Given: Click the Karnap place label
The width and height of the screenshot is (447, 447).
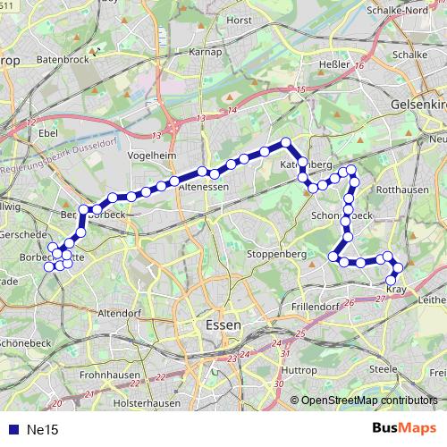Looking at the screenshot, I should [x=205, y=52].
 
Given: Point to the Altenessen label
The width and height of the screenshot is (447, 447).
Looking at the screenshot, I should [x=206, y=188].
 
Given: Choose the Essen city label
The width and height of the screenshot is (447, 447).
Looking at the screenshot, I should [x=222, y=325].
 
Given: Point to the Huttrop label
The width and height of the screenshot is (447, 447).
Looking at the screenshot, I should [x=299, y=370].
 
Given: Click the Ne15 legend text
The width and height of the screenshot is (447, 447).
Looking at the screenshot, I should [x=42, y=430].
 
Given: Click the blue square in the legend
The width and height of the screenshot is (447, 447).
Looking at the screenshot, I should [x=11, y=430].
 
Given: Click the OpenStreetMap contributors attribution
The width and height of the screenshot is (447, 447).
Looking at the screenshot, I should [x=369, y=401].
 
